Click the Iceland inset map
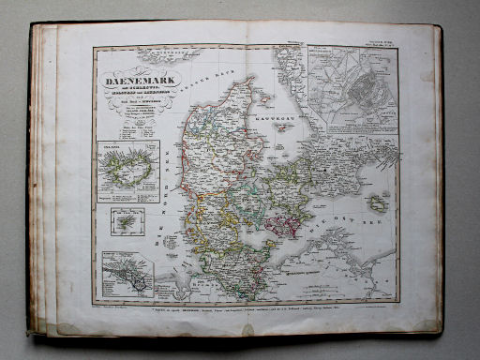pyautogui.click(x=127, y=172)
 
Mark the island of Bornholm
pyautogui.click(x=378, y=203)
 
